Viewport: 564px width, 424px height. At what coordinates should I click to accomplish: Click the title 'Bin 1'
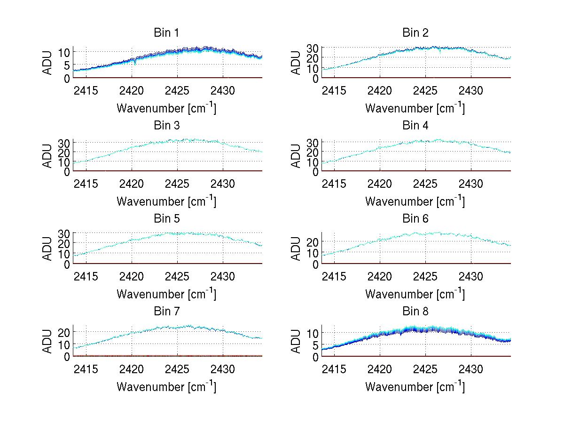(x=166, y=32)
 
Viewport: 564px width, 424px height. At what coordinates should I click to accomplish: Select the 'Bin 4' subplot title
(x=415, y=125)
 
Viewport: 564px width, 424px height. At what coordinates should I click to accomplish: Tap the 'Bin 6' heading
(x=415, y=218)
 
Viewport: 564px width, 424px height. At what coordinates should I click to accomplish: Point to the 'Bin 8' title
(x=415, y=311)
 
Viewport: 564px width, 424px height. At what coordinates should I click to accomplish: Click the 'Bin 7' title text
(x=166, y=311)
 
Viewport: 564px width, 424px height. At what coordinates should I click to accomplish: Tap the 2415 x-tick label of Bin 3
(x=86, y=183)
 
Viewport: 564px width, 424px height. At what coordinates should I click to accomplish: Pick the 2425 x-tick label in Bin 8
(x=426, y=368)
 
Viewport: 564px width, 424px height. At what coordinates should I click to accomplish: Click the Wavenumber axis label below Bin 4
(x=415, y=200)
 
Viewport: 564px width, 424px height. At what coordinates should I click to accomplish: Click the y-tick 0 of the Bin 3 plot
(x=67, y=171)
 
